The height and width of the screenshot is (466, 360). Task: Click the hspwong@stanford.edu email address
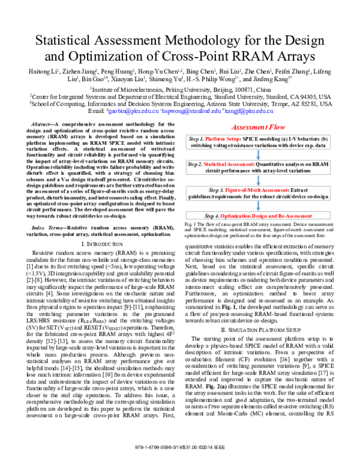(188, 112)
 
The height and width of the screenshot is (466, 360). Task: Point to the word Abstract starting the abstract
(50, 123)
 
